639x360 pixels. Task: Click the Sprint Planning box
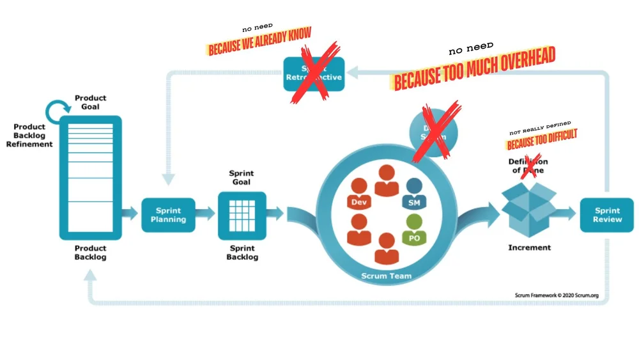click(x=168, y=215)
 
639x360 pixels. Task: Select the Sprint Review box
click(x=606, y=215)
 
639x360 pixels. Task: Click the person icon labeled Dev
click(x=358, y=196)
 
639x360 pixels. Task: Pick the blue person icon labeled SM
click(x=413, y=196)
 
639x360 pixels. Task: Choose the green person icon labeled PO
click(x=413, y=231)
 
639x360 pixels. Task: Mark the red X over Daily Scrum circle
click(x=436, y=131)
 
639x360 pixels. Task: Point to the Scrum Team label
click(x=386, y=276)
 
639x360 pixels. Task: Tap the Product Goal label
click(x=90, y=102)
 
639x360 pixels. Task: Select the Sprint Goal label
click(x=242, y=177)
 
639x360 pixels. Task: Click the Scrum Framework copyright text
click(x=555, y=295)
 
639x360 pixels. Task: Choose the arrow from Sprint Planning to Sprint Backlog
click(x=205, y=214)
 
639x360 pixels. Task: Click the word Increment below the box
click(x=529, y=247)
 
